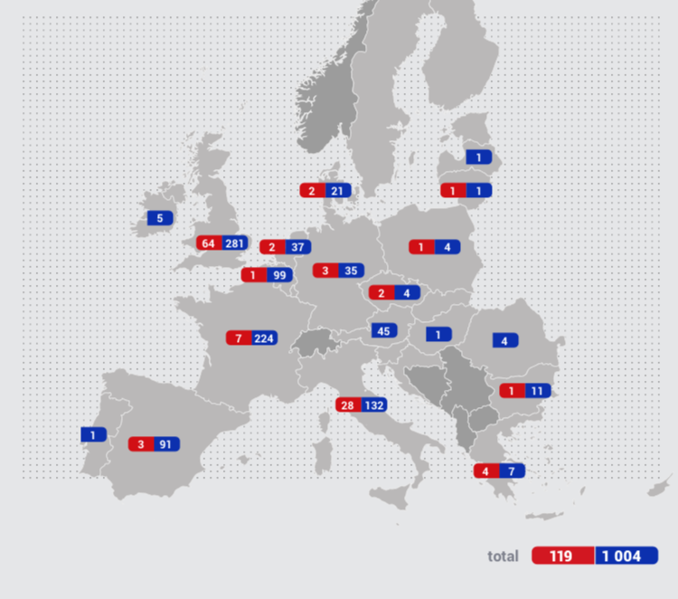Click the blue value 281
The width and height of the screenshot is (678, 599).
tap(235, 243)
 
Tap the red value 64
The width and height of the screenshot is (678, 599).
tap(209, 243)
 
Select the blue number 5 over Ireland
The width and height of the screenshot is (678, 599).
tap(160, 218)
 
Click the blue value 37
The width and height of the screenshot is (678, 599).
tap(297, 247)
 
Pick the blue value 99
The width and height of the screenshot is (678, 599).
tap(278, 275)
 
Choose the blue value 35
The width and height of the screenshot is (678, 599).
tap(351, 271)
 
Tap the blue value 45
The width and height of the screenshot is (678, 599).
tap(383, 331)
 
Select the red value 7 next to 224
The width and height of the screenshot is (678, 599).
tap(238, 338)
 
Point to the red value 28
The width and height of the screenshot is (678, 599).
tap(348, 404)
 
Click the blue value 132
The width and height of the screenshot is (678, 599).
tap(374, 404)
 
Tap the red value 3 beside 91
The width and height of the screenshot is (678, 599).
tap(141, 444)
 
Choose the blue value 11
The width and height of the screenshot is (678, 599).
tap(537, 391)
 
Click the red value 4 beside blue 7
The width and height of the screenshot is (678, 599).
tap(485, 471)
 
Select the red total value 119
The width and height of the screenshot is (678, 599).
tap(562, 556)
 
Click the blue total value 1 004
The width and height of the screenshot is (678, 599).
tap(626, 556)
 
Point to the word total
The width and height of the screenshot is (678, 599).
tap(504, 556)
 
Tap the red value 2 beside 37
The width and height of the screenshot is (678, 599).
tap(271, 247)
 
